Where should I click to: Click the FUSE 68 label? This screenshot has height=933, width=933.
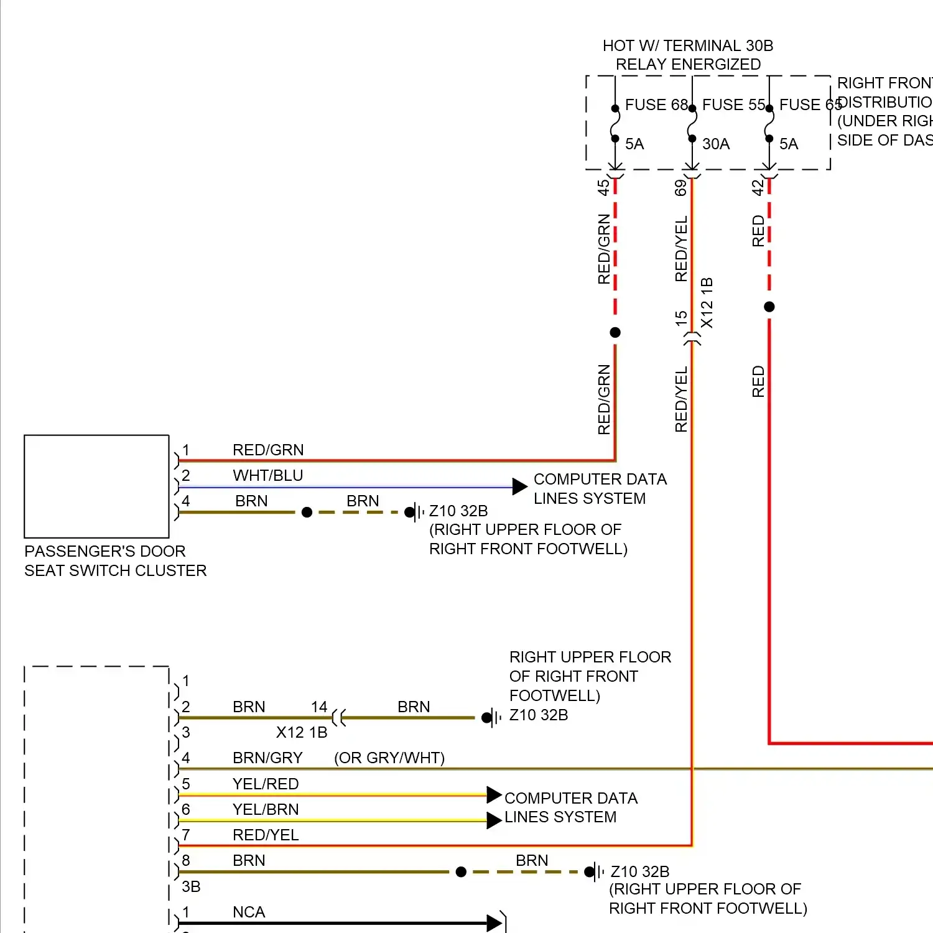click(x=656, y=104)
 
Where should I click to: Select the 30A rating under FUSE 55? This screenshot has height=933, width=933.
click(x=716, y=144)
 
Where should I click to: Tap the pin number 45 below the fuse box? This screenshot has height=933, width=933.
click(x=603, y=187)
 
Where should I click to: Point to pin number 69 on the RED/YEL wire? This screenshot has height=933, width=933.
click(x=681, y=187)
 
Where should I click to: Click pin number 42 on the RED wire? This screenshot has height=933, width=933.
click(x=758, y=187)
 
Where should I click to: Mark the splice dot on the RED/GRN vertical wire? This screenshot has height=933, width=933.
click(x=615, y=332)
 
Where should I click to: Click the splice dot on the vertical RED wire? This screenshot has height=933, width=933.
click(x=769, y=307)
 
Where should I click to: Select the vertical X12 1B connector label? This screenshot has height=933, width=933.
click(x=707, y=303)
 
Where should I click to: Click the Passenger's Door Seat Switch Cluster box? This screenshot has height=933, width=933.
click(x=96, y=486)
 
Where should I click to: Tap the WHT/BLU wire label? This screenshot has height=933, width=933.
click(x=267, y=475)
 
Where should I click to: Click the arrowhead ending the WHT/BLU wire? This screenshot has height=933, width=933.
click(x=519, y=486)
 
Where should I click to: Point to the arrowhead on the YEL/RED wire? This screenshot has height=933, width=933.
click(x=494, y=794)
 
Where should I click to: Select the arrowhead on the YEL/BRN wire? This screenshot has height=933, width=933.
click(x=494, y=820)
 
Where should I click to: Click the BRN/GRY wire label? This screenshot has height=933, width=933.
click(x=267, y=758)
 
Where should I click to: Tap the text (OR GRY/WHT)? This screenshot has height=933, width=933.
click(x=389, y=758)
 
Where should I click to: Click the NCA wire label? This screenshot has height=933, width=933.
click(x=249, y=912)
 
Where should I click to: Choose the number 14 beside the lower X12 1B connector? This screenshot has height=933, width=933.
click(x=319, y=707)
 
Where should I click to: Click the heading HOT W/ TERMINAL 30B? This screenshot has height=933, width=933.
click(x=688, y=45)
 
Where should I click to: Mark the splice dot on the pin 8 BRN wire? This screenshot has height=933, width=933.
click(x=461, y=872)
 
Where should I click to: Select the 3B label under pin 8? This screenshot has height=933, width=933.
click(x=191, y=886)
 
